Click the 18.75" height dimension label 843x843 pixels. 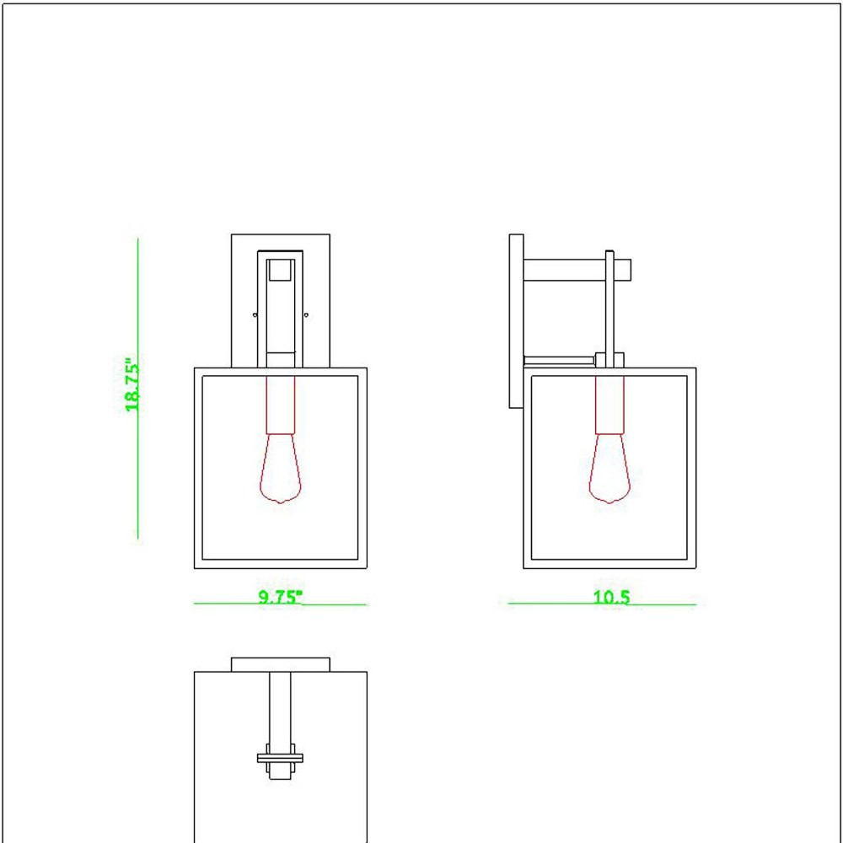tap(132, 385)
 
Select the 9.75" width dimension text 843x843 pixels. tap(281, 598)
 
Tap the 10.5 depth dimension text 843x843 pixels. tap(611, 598)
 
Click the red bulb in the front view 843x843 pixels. tap(281, 468)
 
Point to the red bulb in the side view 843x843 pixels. tap(609, 468)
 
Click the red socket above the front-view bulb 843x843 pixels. tap(281, 405)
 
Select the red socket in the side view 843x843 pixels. tap(609, 405)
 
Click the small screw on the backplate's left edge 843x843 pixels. tap(255, 314)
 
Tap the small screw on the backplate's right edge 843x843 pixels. tap(306, 314)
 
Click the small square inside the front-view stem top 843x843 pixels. tap(281, 270)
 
